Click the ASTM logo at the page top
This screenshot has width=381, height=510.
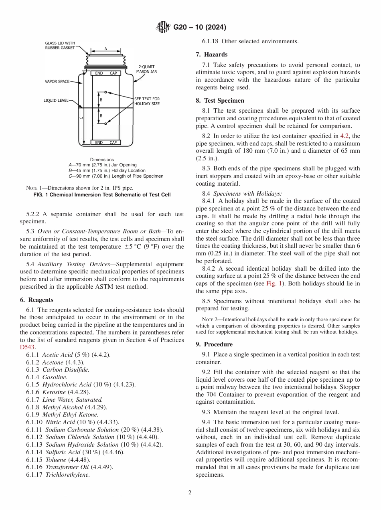(x=163, y=27)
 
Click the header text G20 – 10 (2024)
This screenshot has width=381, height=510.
(x=199, y=27)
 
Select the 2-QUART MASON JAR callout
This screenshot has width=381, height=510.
(x=146, y=69)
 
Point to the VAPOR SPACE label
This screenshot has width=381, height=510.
(x=57, y=81)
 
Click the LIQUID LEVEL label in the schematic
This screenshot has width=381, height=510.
(x=56, y=101)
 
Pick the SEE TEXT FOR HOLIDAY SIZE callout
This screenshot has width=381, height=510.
(x=147, y=101)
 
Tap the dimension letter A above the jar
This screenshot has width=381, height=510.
(x=106, y=49)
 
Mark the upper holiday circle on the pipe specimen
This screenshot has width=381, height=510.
(x=105, y=92)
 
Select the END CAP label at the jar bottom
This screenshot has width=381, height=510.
(x=106, y=143)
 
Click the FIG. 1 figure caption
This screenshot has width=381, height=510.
(x=101, y=195)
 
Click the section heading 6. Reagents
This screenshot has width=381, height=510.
(x=36, y=300)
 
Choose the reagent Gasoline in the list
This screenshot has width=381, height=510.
(x=55, y=377)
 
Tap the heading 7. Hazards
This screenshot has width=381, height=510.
(x=211, y=54)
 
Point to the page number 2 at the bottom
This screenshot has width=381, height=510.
(x=190, y=493)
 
